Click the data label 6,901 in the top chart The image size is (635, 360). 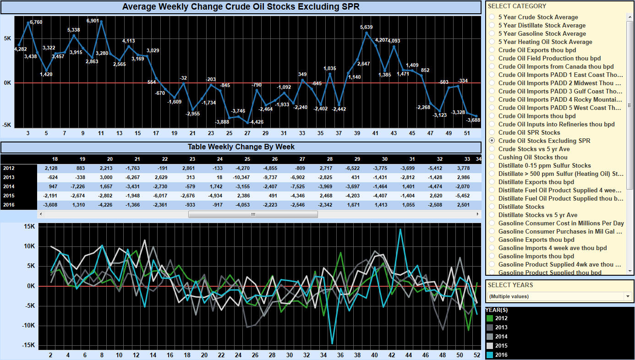[x=93, y=21]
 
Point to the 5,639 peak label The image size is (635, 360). [x=366, y=27]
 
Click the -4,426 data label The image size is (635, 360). [x=257, y=122]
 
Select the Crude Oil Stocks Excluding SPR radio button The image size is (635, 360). [x=492, y=141]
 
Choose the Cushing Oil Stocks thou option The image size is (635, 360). [x=533, y=157]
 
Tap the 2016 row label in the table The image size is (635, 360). [x=9, y=205]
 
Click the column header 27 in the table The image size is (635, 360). [x=302, y=159]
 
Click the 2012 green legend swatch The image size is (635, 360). [x=490, y=318]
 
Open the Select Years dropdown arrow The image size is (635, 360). [x=628, y=296]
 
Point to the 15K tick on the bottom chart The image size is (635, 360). [x=29, y=226]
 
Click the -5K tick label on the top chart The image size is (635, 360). [x=7, y=125]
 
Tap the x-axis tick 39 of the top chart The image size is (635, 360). [x=357, y=133]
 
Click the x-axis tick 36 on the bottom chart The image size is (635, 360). [x=340, y=355]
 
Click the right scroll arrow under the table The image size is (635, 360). [x=478, y=214]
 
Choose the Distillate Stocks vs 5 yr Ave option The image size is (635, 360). [x=538, y=215]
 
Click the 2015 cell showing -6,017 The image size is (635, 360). [x=160, y=196]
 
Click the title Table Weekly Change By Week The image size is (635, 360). [x=241, y=147]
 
